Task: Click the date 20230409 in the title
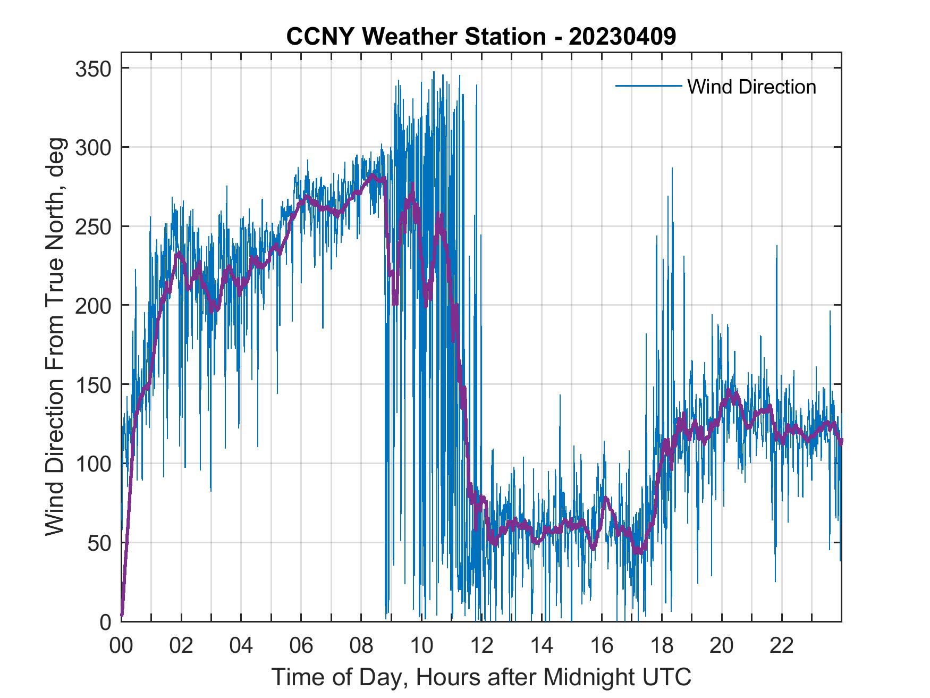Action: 622,36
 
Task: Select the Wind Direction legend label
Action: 751,87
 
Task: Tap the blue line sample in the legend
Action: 648,86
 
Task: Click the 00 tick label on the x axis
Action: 121,646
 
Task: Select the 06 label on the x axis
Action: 301,646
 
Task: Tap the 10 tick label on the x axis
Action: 421,646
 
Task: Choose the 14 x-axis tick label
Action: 542,646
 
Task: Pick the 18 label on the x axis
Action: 662,646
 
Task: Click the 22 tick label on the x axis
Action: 782,646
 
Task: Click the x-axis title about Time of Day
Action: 481,677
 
